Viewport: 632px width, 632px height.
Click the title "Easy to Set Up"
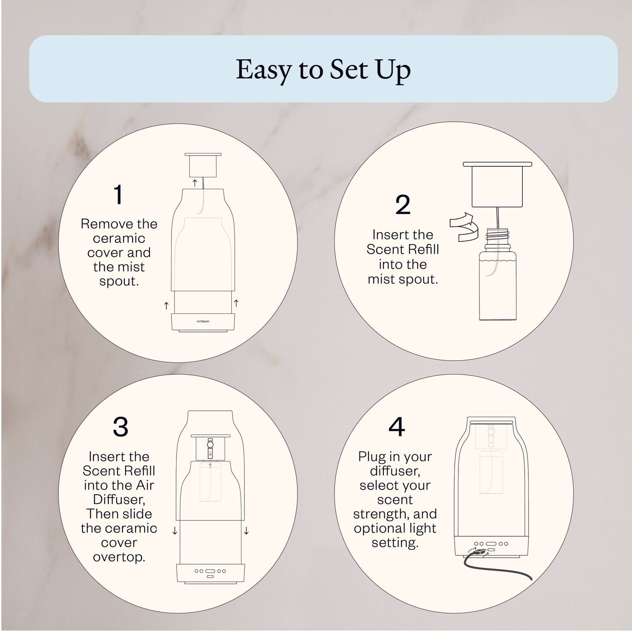click(323, 70)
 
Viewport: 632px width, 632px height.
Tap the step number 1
click(118, 195)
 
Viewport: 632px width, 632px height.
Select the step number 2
click(403, 205)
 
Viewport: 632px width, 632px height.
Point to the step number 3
click(121, 427)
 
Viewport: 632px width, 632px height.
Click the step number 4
click(396, 427)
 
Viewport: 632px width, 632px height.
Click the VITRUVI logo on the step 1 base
click(203, 321)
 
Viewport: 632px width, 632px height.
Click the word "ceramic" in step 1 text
click(119, 238)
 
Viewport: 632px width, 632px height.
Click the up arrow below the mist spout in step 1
click(194, 182)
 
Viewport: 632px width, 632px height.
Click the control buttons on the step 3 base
click(210, 571)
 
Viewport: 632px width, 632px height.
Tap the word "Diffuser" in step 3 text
click(118, 500)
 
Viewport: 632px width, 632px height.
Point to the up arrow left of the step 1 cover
click(166, 305)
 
